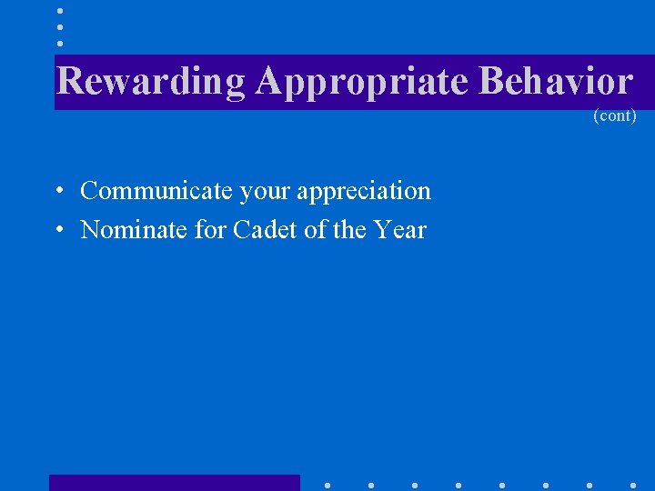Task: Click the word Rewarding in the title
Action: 150,81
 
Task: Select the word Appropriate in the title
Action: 362,82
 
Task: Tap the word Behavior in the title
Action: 555,81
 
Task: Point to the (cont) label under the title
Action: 614,116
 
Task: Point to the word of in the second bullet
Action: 315,230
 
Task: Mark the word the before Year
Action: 349,230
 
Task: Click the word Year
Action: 399,230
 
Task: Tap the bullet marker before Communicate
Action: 57,192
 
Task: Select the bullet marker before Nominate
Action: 57,231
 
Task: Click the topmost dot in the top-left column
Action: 60,11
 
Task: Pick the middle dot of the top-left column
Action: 60,27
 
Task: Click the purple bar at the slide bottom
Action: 174,483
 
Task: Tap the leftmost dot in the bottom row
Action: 327,485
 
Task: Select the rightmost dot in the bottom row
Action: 633,485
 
